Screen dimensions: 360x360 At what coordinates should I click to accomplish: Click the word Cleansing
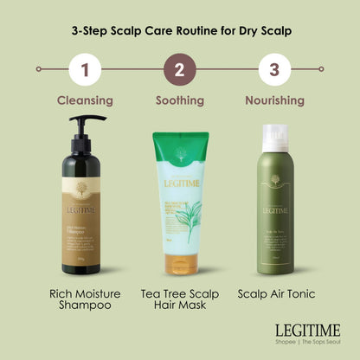coord(85,100)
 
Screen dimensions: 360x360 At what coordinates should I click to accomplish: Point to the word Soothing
coord(180,100)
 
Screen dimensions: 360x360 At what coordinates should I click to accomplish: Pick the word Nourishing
coord(274,100)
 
